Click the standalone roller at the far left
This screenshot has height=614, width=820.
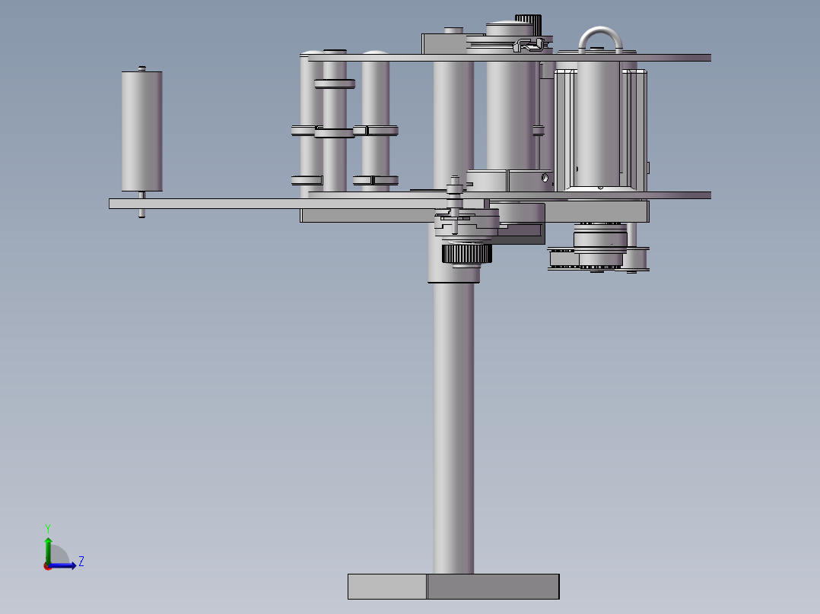point(141,131)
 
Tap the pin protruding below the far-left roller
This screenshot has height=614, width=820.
point(141,213)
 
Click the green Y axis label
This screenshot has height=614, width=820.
point(48,528)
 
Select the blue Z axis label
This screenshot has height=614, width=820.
point(81,562)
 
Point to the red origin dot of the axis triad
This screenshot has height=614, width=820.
point(47,566)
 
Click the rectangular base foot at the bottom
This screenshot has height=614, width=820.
point(453,587)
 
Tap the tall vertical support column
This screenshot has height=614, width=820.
point(453,418)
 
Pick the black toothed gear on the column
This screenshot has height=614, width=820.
point(466,254)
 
